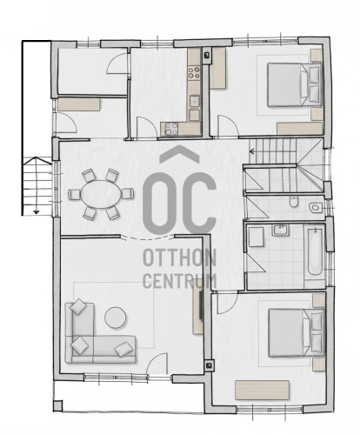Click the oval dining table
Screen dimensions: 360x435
tap(102, 194)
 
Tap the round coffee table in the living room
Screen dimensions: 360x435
tap(116, 318)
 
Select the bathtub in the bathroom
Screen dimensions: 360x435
tap(315, 251)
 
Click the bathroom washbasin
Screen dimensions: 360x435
tap(280, 231)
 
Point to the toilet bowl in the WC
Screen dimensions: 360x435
tap(294, 201)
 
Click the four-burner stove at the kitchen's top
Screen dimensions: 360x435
tap(194, 72)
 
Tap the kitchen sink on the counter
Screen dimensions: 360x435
tap(195, 101)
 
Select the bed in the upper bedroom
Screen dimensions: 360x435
tap(294, 85)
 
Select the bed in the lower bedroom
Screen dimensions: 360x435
tap(297, 332)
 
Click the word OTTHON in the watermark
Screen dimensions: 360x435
tap(180, 258)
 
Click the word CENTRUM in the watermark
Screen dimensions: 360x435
tap(180, 280)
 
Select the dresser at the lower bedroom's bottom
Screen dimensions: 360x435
tap(263, 391)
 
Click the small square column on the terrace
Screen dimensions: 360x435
tap(57, 405)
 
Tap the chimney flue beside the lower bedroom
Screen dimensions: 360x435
tap(209, 366)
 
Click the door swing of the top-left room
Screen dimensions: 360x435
tap(117, 64)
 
